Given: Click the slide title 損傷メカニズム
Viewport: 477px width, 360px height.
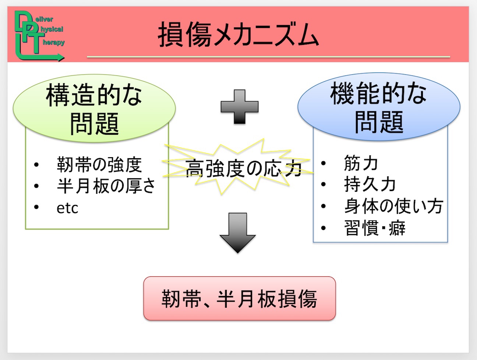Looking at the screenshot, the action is (x=239, y=35).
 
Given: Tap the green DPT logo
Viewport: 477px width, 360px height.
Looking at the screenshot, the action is (x=40, y=36).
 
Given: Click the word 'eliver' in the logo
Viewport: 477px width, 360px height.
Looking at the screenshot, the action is (x=44, y=20).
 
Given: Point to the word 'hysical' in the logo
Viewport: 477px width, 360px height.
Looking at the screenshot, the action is (x=52, y=29).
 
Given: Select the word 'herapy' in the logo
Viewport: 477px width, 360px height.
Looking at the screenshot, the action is (x=54, y=42).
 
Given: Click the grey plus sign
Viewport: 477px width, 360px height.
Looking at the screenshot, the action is (x=240, y=107).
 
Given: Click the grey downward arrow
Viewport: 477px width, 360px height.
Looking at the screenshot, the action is (x=237, y=233).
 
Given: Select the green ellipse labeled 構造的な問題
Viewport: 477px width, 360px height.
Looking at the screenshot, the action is (x=94, y=109).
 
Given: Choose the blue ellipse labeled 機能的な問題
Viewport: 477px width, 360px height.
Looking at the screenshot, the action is (x=379, y=107).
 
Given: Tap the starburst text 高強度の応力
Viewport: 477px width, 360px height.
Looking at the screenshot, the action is (x=243, y=169).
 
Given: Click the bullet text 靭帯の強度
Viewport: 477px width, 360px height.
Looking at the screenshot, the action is (x=99, y=165).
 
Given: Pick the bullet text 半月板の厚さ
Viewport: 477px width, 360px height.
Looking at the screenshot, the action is (x=106, y=186).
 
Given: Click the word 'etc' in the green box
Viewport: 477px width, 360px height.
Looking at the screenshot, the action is (x=67, y=208).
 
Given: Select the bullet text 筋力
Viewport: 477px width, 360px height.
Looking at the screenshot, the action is (x=361, y=163).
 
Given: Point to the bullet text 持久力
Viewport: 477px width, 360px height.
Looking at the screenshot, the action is (x=370, y=184).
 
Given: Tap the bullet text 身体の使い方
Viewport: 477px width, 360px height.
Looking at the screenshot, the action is (x=393, y=206).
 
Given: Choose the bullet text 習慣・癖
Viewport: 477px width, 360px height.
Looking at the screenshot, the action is (x=375, y=228).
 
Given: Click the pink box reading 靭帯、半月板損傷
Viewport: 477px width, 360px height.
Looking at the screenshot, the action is (x=240, y=298).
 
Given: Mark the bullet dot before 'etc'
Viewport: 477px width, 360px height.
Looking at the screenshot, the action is (x=36, y=207).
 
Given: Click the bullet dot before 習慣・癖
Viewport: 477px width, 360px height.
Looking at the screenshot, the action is (x=324, y=228).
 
